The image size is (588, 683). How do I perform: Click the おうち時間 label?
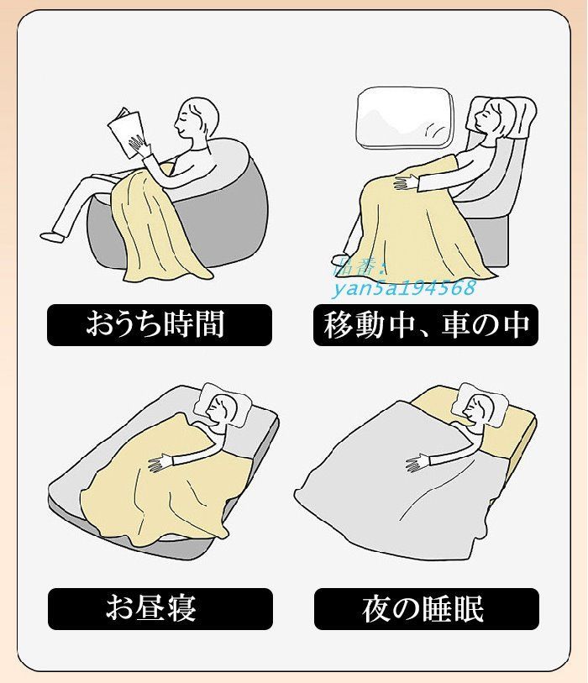[159, 324]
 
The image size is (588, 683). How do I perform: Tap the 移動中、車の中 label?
[425, 324]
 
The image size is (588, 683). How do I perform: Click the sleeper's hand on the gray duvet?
[417, 462]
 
